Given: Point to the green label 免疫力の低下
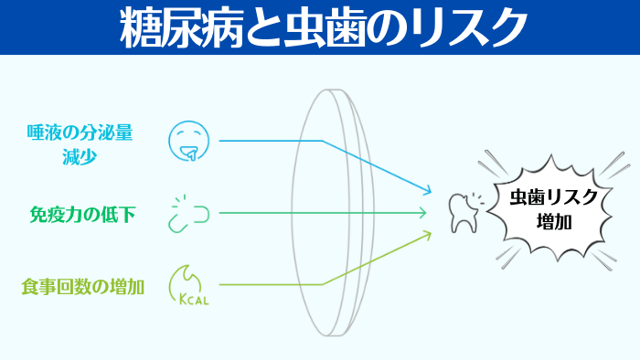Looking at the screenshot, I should pyautogui.click(x=82, y=214).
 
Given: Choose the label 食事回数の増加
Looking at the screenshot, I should pyautogui.click(x=82, y=285).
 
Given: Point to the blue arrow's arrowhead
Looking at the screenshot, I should pyautogui.click(x=426, y=192).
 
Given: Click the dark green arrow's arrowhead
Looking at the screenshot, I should pyautogui.click(x=424, y=213).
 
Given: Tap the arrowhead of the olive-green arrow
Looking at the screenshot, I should pyautogui.click(x=426, y=234).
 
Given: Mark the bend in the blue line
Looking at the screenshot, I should pyautogui.click(x=322, y=141).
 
